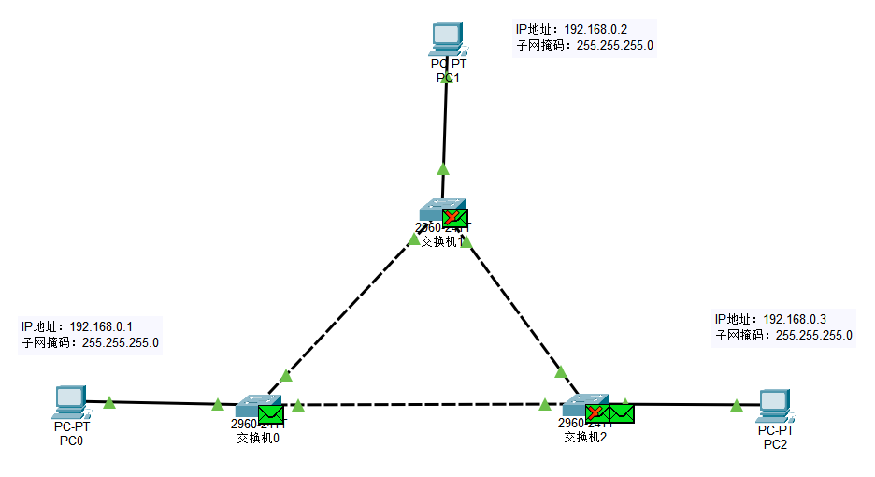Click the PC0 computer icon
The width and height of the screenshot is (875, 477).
[69, 401]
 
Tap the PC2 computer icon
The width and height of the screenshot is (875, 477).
[775, 405]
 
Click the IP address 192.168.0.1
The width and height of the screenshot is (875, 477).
[101, 326]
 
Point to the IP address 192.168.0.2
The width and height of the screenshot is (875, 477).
[595, 29]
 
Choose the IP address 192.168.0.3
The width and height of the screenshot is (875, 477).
[795, 319]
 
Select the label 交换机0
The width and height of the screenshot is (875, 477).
[258, 436]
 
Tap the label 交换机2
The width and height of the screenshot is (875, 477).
[585, 436]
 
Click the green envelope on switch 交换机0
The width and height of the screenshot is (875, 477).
[270, 412]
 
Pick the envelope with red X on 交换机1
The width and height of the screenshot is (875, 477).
[455, 217]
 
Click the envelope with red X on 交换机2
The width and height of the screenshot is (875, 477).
[596, 412]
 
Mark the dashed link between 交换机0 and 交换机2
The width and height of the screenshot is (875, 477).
[421, 405]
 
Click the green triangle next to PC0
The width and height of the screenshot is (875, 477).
[109, 402]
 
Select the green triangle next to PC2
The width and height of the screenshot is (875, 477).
[737, 405]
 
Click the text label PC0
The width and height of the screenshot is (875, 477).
[71, 440]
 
